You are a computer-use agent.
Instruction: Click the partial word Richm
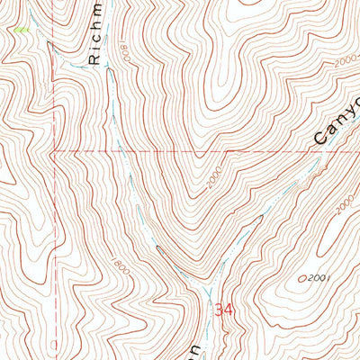click(x=98, y=36)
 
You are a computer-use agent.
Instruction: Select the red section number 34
click(x=224, y=310)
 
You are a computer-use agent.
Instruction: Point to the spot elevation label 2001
click(x=315, y=278)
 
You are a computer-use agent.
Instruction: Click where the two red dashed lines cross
click(x=53, y=149)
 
